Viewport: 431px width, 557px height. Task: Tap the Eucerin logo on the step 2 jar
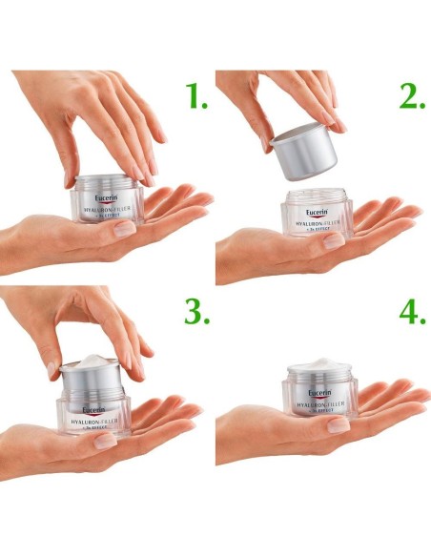point(319,213)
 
